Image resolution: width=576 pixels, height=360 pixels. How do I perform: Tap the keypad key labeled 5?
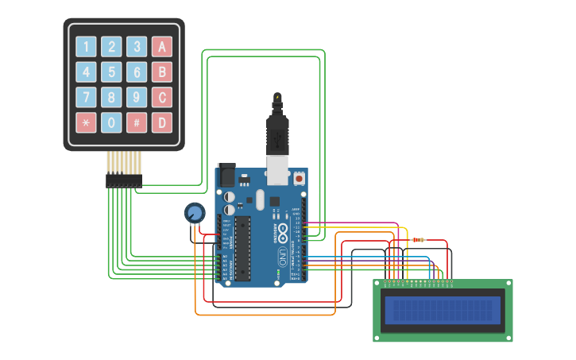coord(112,72)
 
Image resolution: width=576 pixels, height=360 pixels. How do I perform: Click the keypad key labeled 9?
coord(137,98)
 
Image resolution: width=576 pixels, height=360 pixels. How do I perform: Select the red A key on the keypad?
coord(162,47)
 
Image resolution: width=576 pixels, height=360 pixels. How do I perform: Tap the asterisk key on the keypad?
coord(87,123)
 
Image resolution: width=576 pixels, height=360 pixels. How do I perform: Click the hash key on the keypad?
coord(137,123)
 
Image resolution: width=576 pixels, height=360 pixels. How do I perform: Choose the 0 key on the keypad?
coord(112,123)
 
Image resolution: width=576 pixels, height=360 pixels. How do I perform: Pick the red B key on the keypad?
coord(162,72)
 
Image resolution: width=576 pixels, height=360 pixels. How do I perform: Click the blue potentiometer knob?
coord(194,213)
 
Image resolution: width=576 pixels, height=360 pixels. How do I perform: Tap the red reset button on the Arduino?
coord(300,179)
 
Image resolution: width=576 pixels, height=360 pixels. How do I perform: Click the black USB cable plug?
coord(276,131)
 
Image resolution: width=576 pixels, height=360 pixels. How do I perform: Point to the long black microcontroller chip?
coord(242,247)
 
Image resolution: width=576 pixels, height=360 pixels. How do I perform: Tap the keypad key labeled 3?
coord(137,47)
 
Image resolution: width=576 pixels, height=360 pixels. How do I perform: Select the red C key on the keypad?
coord(162,98)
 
